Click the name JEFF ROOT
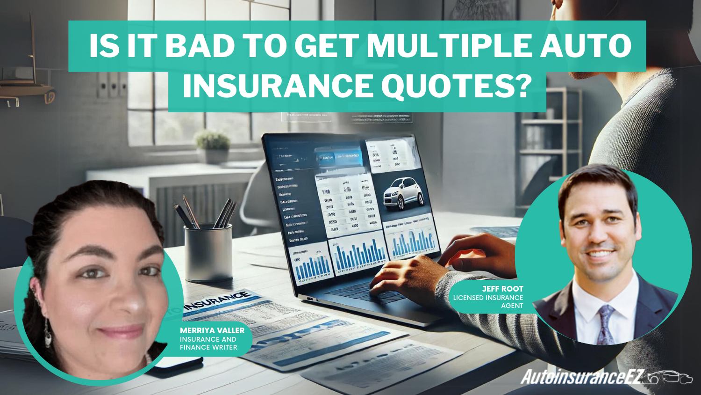tap(502, 289)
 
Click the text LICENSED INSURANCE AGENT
tap(488, 301)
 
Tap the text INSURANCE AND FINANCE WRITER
tap(208, 343)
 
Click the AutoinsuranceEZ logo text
tap(582, 377)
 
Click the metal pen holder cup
tap(208, 253)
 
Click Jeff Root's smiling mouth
tap(601, 254)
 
